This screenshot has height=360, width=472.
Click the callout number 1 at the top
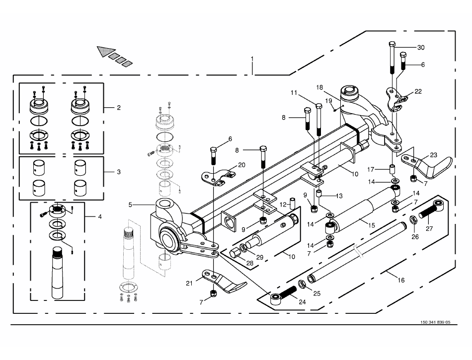tap(252, 59)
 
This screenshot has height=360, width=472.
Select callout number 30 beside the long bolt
tap(421, 48)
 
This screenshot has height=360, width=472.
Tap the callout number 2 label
tap(118, 107)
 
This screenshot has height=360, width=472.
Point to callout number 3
tap(118, 172)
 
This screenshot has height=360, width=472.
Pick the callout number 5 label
tap(131, 205)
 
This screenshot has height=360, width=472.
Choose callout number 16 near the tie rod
tap(401, 281)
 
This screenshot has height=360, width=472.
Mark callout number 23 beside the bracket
tap(434, 155)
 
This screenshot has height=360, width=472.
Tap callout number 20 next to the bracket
tap(241, 165)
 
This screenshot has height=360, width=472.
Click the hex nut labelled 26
tap(413, 220)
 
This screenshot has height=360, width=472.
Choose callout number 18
tap(320, 87)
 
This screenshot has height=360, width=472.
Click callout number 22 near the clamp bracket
tap(418, 91)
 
